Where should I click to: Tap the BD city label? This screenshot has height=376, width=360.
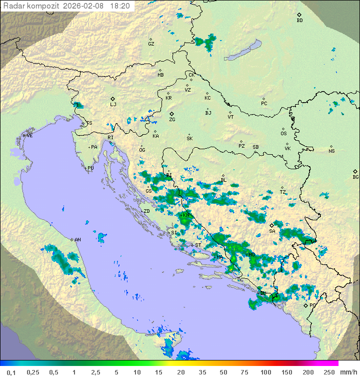click(x=299, y=21)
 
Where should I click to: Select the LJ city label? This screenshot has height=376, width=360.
click(x=113, y=105)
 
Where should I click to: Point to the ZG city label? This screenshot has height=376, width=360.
click(x=172, y=120)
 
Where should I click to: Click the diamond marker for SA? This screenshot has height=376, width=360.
click(x=272, y=225)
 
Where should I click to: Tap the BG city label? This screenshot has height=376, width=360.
click(x=355, y=177)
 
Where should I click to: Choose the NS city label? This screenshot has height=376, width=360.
click(x=331, y=151)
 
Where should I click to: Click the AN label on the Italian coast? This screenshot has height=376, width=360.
click(x=77, y=240)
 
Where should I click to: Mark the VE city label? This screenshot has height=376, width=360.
click(x=29, y=136)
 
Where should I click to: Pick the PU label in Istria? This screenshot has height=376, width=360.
click(x=90, y=168)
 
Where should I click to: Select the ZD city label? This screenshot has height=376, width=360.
click(x=147, y=211)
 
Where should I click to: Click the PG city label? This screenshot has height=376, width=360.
click(x=312, y=305)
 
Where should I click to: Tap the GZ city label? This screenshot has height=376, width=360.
click(x=151, y=44)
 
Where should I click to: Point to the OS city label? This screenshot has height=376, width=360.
click(x=283, y=134)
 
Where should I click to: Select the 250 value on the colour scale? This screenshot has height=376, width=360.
click(x=329, y=372)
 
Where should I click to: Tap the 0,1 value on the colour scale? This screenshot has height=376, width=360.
click(x=11, y=372)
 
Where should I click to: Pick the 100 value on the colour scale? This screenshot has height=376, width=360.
click(x=265, y=372)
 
